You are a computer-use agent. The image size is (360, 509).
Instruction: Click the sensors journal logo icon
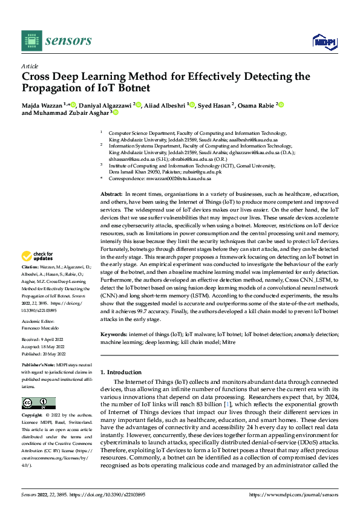31,41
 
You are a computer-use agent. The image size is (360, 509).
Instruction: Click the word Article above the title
30,66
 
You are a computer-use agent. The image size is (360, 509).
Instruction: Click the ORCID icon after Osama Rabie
281,105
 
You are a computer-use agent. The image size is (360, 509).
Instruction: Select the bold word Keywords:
114,334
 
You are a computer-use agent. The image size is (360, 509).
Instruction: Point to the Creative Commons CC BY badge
38,403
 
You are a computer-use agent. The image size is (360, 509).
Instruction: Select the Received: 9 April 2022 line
44,340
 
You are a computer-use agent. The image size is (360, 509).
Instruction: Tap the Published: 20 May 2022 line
45,354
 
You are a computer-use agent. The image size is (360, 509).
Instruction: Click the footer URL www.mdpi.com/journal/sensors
304,494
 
